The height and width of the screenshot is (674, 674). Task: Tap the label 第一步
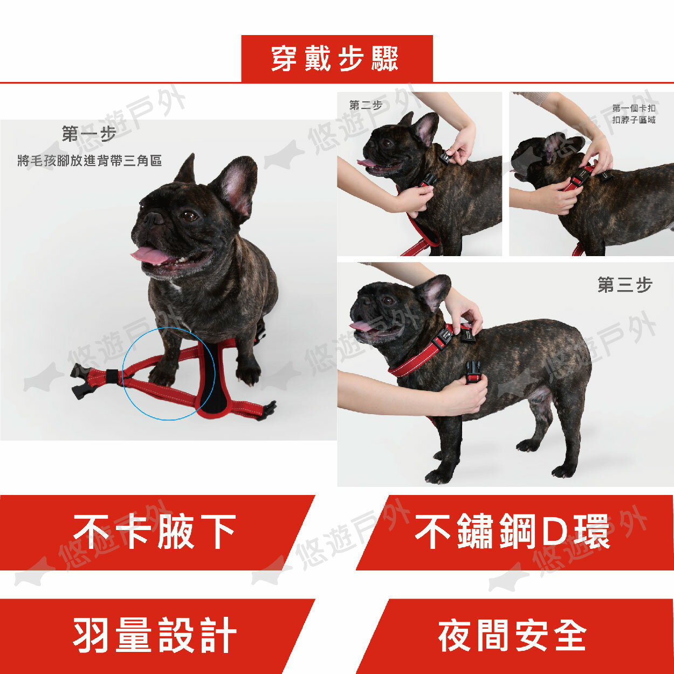click(89, 134)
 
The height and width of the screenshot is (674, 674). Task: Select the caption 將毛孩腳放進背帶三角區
click(90, 161)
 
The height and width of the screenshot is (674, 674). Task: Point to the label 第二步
click(366, 105)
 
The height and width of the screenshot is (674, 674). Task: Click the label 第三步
click(624, 285)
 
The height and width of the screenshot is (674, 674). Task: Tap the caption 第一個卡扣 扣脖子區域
click(634, 114)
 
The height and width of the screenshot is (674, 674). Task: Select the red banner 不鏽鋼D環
click(512, 532)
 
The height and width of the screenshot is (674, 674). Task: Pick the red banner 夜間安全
click(512, 635)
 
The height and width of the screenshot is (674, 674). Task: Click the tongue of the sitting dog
click(150, 255)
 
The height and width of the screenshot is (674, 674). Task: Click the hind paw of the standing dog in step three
click(563, 471)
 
